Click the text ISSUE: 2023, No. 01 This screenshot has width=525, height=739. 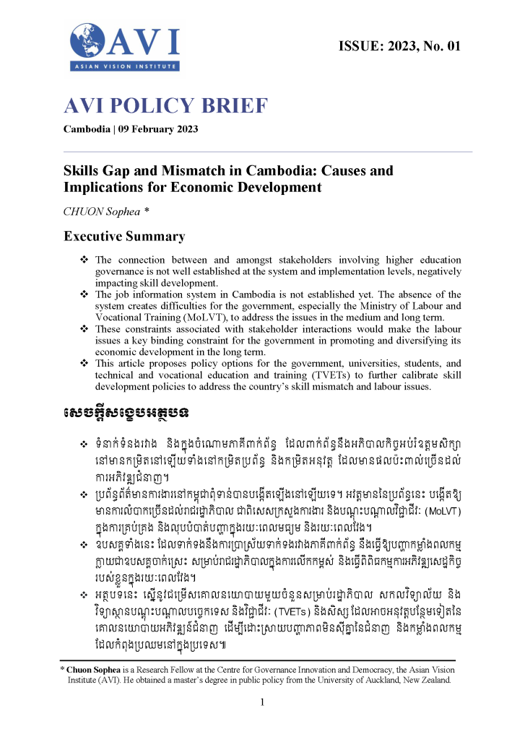click(x=398, y=47)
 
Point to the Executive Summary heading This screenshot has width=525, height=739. click(x=124, y=236)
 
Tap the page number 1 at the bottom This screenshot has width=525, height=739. click(x=263, y=703)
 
